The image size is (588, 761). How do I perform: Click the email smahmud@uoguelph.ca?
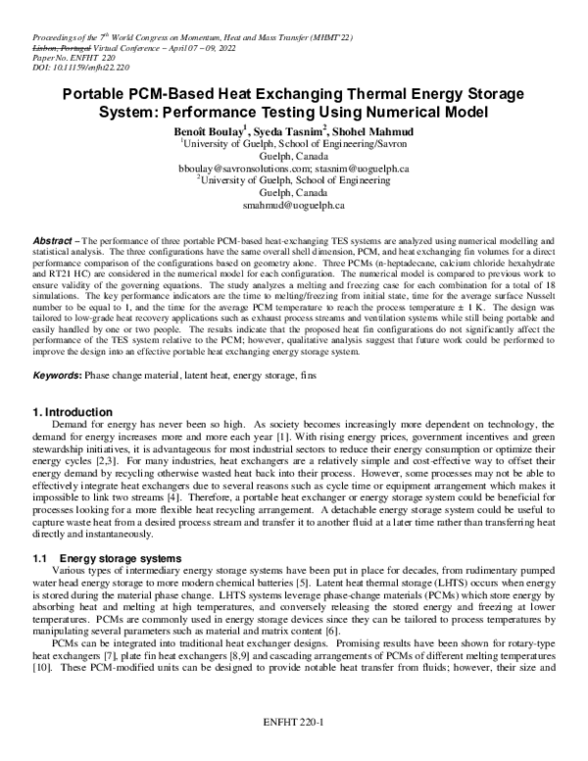click(293, 206)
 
